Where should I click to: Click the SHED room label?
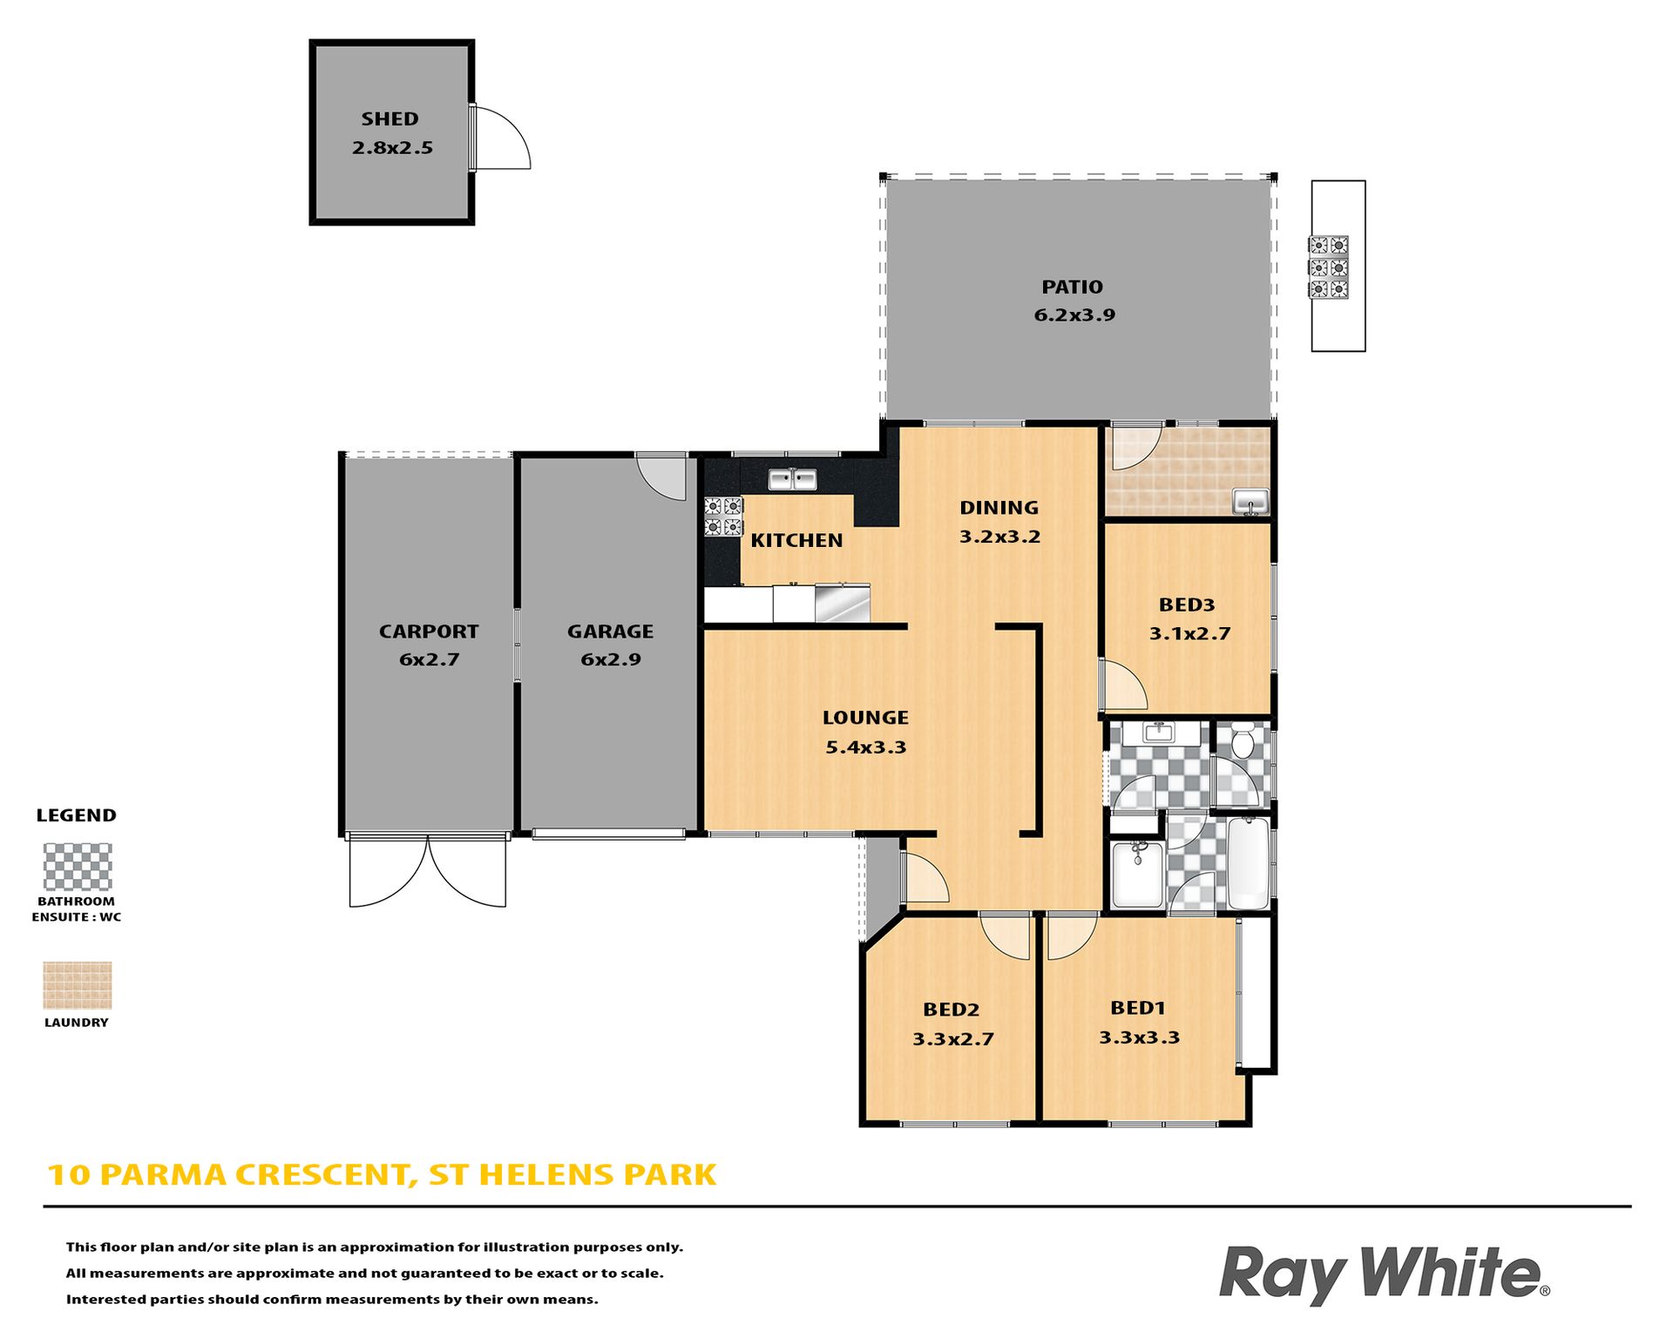[x=389, y=118]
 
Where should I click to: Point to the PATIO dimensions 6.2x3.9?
[x=1074, y=315]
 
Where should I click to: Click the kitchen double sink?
[x=792, y=479]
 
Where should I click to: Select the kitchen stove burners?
[x=723, y=516]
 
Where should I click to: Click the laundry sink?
[x=1250, y=502]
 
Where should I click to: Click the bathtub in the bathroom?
[x=1248, y=863]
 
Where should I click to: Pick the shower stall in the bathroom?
[x=1137, y=874]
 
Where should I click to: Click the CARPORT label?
[x=429, y=632]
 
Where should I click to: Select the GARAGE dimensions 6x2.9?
[x=611, y=660]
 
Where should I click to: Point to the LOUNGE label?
[x=865, y=718]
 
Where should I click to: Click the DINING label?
[x=999, y=508]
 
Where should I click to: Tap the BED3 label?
[x=1187, y=605]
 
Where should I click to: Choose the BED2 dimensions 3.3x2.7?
[x=953, y=1039]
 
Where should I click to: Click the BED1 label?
[x=1138, y=1008]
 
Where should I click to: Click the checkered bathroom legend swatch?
[x=78, y=867]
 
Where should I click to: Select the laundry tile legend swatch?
[x=78, y=985]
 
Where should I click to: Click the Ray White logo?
[x=1384, y=1274]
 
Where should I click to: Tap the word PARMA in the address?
[x=166, y=1175]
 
